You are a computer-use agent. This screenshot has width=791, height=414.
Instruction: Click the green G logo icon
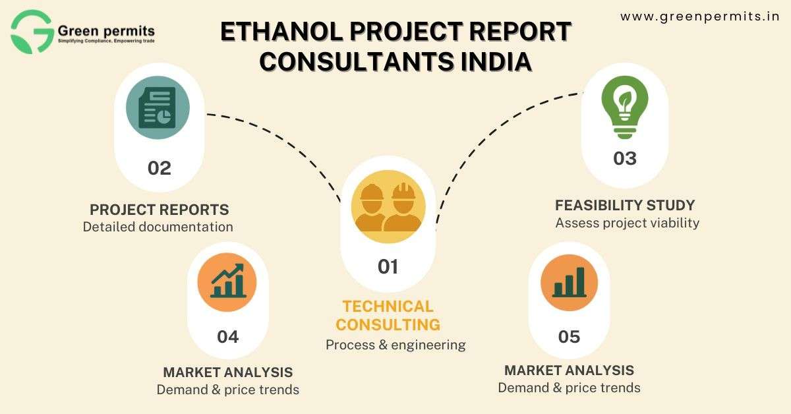tap(32, 32)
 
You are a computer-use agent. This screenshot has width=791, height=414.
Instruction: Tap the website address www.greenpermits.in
tap(700, 16)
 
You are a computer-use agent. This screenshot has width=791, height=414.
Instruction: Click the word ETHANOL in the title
tap(281, 32)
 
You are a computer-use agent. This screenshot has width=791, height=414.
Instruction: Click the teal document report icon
tap(158, 107)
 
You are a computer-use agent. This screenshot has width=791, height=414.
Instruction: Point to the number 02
tap(160, 168)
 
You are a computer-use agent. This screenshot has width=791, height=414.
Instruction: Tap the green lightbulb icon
tap(625, 107)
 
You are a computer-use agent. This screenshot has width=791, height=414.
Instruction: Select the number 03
tap(625, 158)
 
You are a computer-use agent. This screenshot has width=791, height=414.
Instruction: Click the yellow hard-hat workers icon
tap(388, 206)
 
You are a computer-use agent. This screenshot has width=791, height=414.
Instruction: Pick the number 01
tap(388, 267)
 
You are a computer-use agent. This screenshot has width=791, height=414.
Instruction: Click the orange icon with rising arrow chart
tap(227, 282)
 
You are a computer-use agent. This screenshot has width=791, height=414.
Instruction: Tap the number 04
tap(228, 337)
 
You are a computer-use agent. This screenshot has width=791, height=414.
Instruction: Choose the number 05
tap(569, 337)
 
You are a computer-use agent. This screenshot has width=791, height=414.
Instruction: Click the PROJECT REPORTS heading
tap(160, 210)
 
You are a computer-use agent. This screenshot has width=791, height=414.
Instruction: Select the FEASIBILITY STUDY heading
tap(625, 205)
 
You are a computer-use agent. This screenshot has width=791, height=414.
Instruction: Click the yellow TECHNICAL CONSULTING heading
tap(388, 316)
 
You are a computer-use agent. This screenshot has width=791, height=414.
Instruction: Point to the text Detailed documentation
tap(158, 227)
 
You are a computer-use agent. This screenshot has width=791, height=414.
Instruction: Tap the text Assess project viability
tap(627, 223)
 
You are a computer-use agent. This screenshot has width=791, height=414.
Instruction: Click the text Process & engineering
tap(395, 345)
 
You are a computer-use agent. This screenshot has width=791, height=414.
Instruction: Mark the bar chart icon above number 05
tap(570, 283)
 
